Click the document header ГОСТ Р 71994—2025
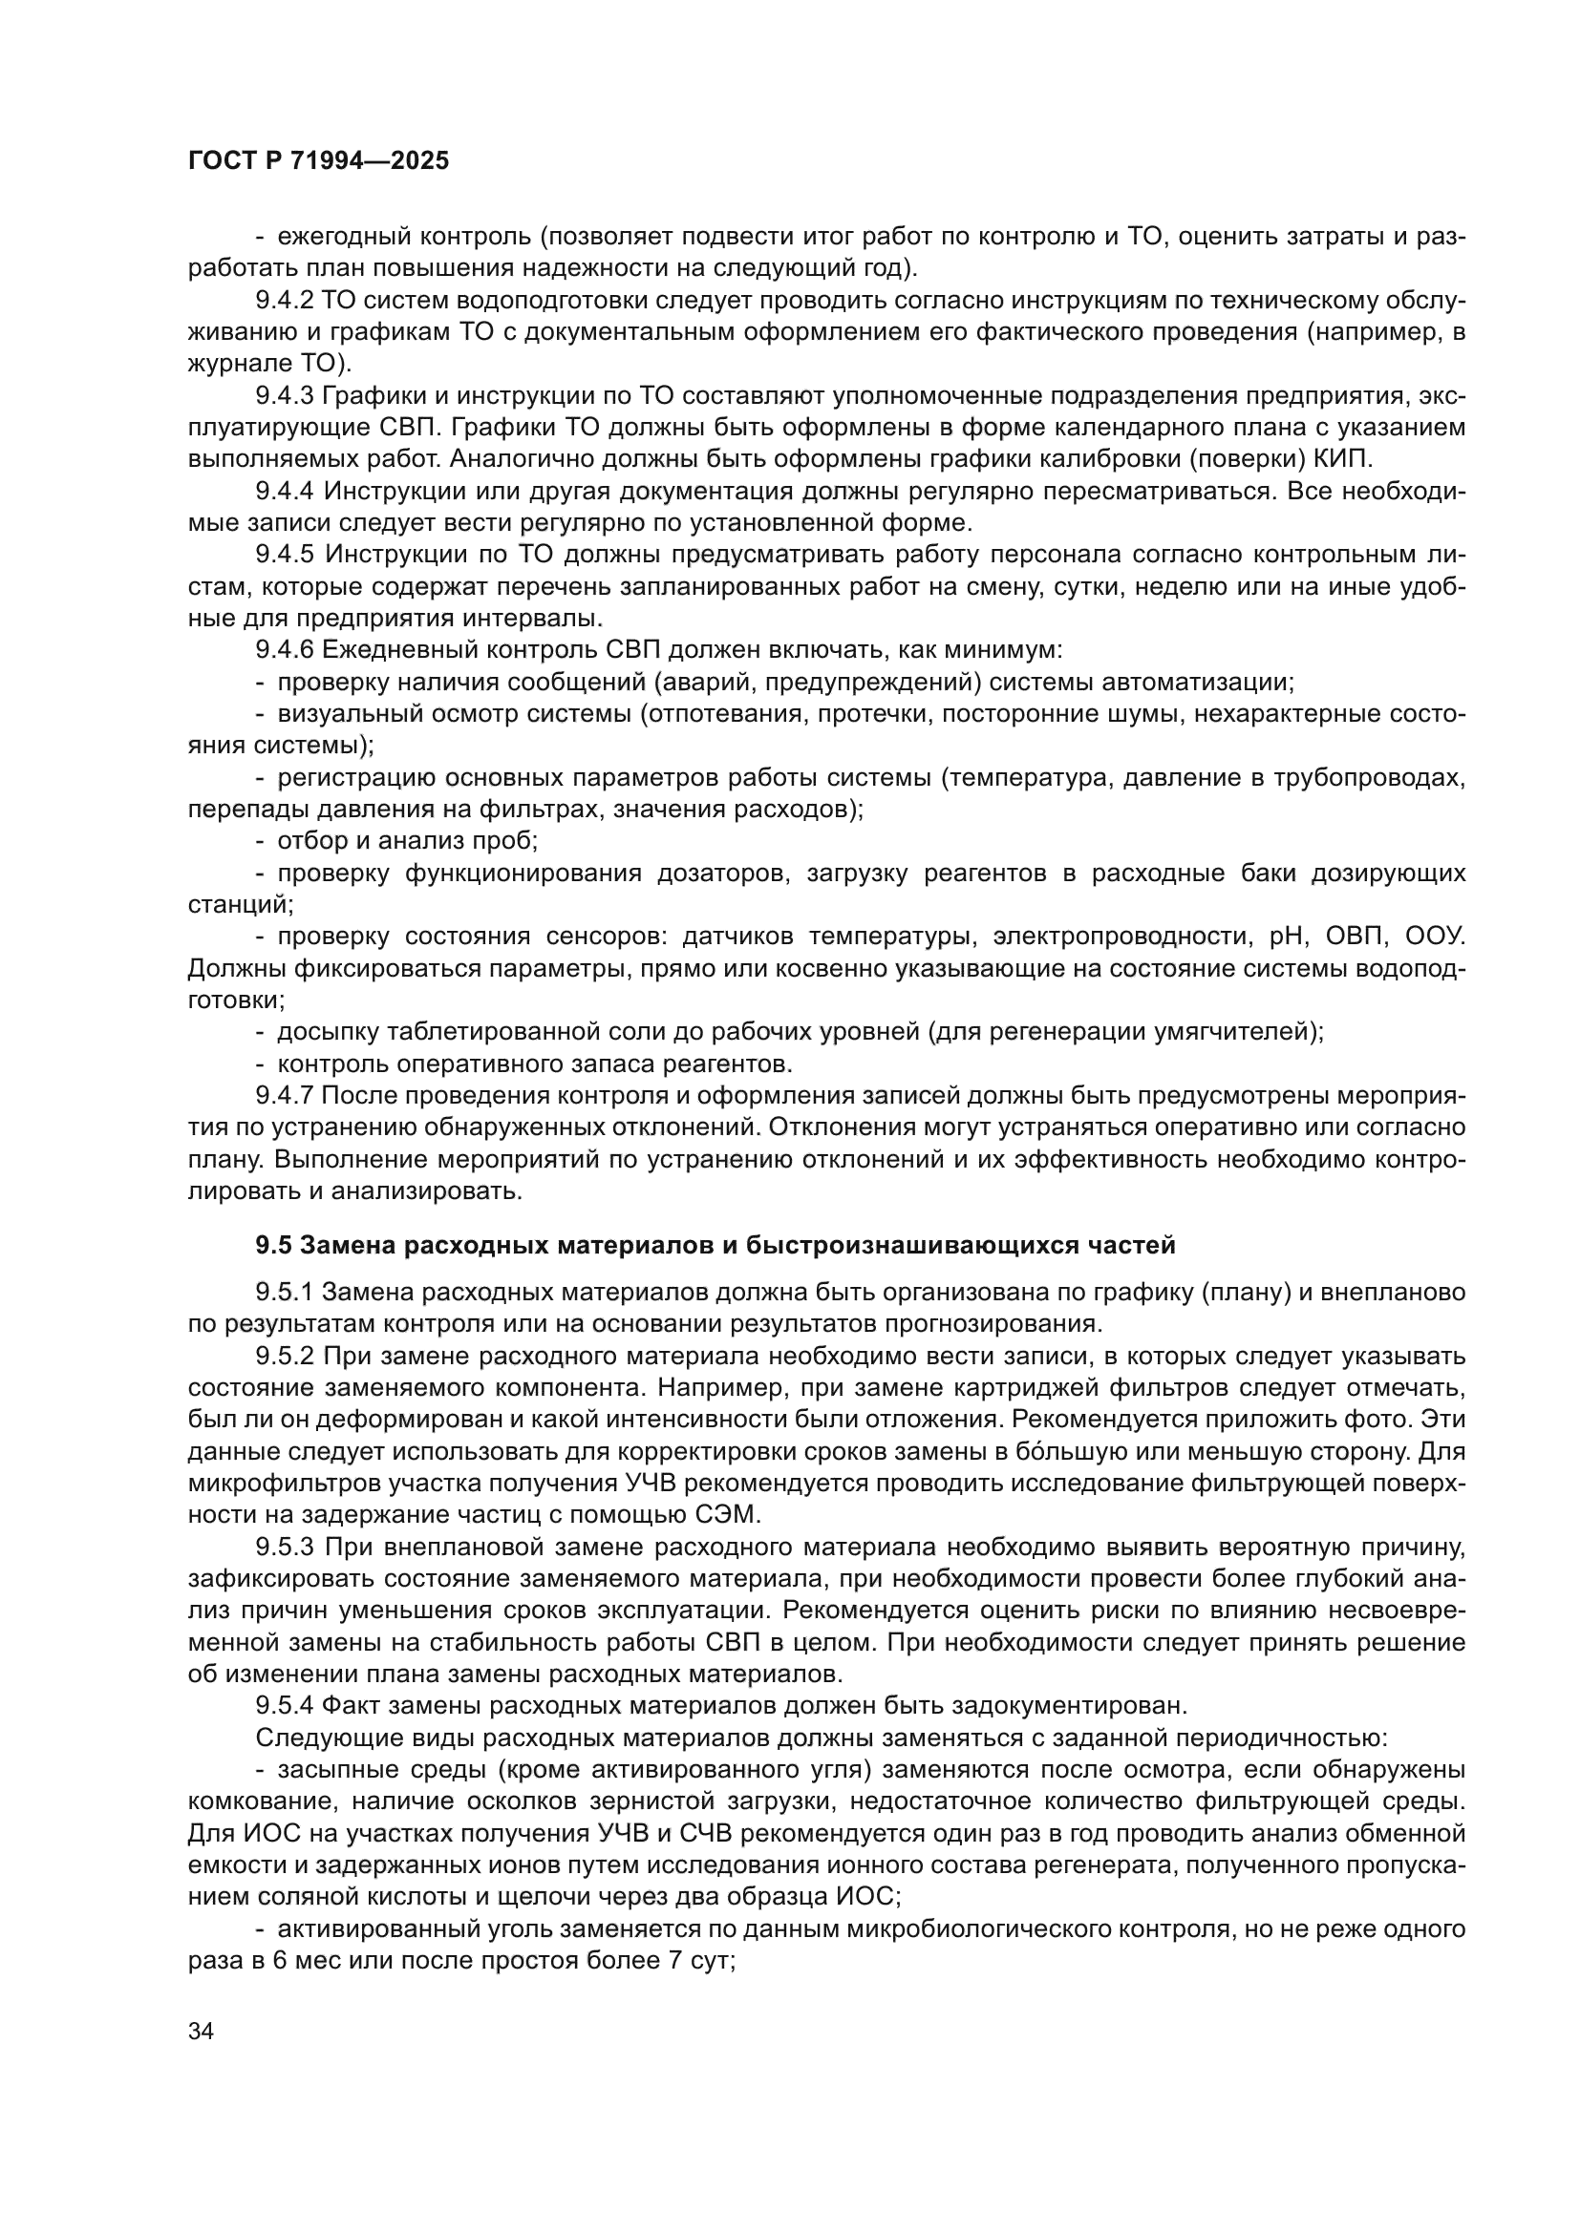pos(318,161)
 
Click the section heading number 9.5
pos(273,1245)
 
